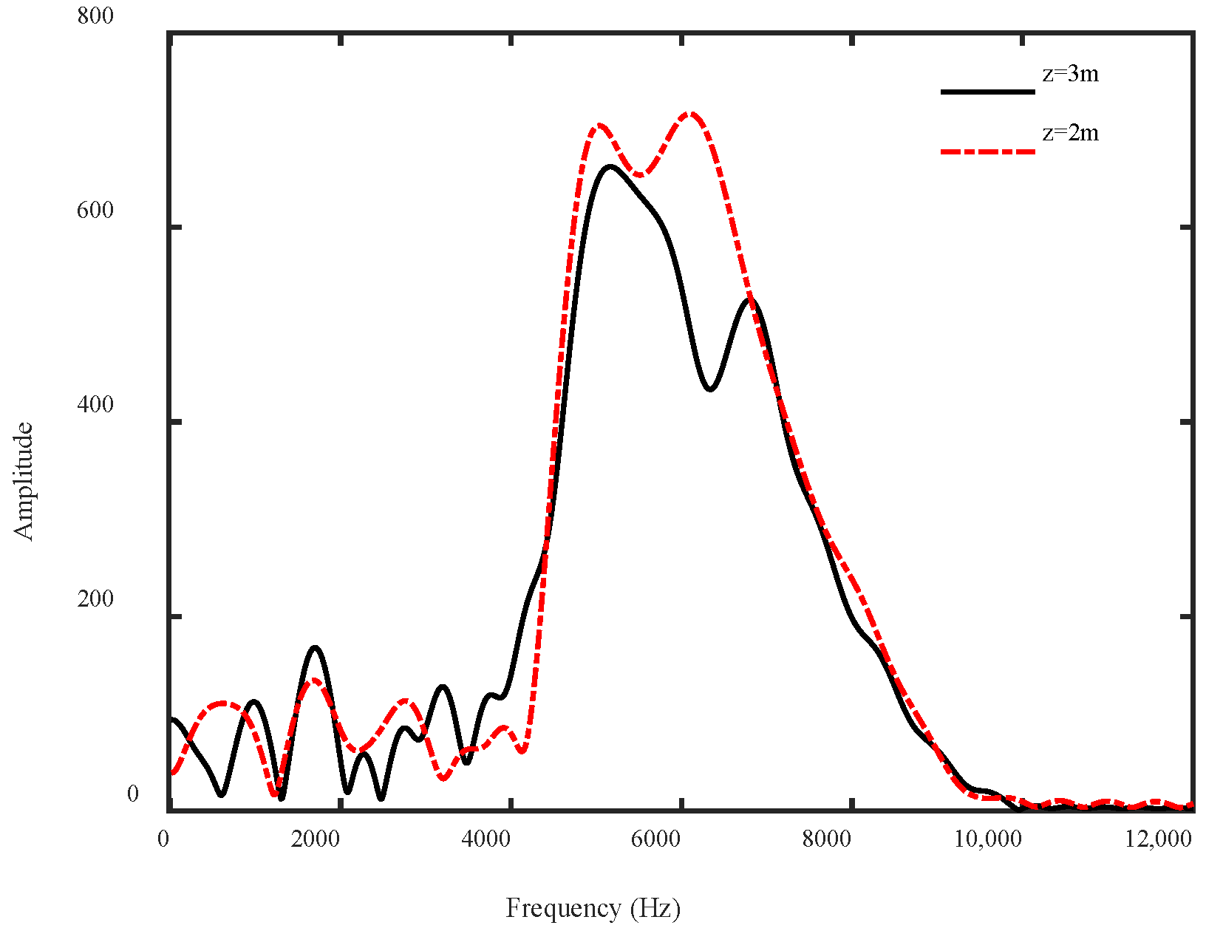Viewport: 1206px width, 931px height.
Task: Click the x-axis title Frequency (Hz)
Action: [x=593, y=908]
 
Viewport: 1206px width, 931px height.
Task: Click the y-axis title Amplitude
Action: [x=24, y=481]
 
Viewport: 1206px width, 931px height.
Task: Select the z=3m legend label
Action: [x=1070, y=74]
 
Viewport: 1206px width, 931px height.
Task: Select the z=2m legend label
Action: [x=1070, y=133]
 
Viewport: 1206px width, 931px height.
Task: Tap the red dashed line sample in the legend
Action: [x=987, y=151]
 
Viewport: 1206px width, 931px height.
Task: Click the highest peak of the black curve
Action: [x=610, y=166]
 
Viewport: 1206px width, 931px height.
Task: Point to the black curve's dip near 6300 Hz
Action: [x=710, y=389]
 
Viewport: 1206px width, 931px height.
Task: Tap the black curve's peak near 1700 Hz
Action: [x=316, y=647]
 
